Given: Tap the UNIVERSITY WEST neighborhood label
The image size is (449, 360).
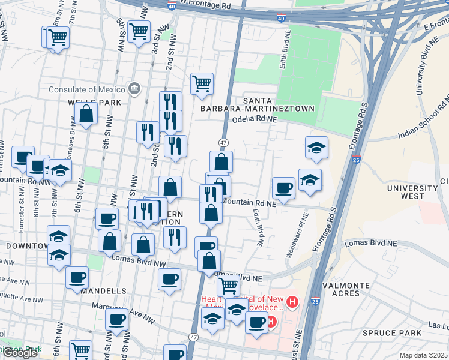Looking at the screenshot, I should [413, 192].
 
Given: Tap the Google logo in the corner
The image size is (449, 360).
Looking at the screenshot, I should [20, 353].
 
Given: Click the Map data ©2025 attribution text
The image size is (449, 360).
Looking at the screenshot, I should [423, 355].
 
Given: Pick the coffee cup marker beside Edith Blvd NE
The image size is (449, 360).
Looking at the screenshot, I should [283, 188].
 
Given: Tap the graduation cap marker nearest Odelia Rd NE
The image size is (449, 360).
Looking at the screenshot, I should [316, 148].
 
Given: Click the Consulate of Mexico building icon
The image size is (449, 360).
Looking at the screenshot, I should [133, 89].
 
